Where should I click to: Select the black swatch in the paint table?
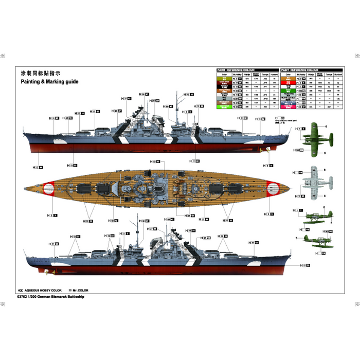(x=224, y=87)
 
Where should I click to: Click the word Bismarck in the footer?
(x=63, y=297)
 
